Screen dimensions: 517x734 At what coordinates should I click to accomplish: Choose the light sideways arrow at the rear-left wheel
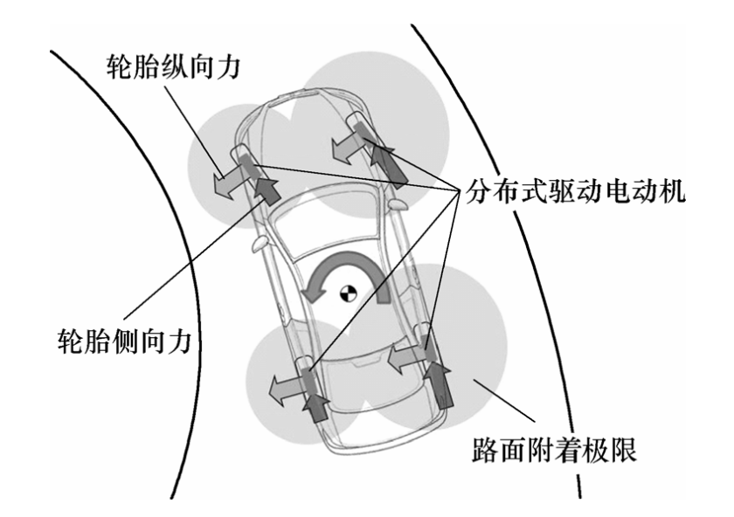287,384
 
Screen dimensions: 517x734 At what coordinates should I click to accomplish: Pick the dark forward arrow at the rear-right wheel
440,384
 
